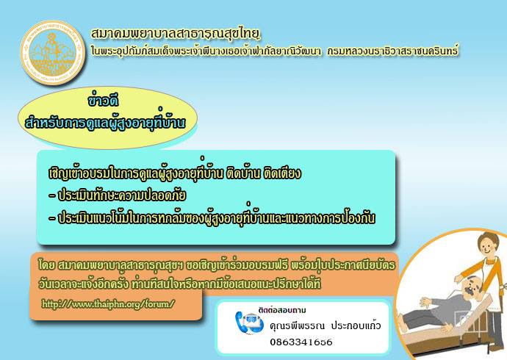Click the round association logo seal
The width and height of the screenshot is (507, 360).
(x=53, y=53)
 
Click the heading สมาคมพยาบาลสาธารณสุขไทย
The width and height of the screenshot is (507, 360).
(x=176, y=33)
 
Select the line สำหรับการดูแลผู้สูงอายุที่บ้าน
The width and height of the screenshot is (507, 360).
(x=105, y=122)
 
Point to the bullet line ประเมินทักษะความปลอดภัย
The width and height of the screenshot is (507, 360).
(x=118, y=195)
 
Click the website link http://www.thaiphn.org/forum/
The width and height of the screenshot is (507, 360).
(x=108, y=304)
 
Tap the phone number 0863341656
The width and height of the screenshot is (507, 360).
(x=301, y=342)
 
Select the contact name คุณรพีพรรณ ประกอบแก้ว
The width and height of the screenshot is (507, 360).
(x=326, y=325)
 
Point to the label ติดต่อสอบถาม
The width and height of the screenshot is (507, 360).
(x=282, y=310)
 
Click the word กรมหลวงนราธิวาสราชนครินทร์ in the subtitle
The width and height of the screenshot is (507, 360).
(x=393, y=51)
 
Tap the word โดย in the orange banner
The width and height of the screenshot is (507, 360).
(x=46, y=265)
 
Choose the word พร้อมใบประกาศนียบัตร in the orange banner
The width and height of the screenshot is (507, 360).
(x=343, y=265)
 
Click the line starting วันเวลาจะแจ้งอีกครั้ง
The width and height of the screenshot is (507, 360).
(x=179, y=284)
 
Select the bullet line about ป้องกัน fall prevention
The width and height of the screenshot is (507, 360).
(x=212, y=217)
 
